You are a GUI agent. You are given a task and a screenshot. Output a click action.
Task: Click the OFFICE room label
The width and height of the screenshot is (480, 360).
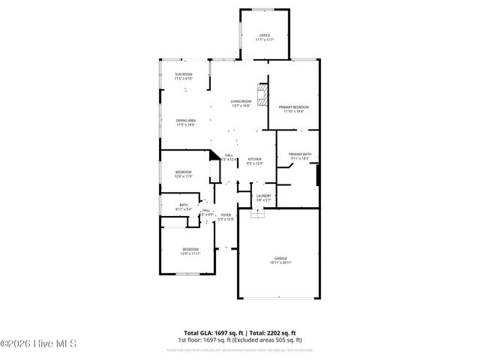[x=264, y=35]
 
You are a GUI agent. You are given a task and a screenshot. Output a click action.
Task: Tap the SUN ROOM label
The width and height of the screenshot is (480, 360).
[x=184, y=74]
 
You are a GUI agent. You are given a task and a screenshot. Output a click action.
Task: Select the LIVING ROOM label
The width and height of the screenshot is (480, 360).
[x=241, y=103]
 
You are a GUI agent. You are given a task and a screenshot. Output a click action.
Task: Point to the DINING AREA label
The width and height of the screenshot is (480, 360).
[x=186, y=121]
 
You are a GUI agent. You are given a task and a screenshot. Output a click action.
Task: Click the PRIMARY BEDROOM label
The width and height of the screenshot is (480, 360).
[x=294, y=107]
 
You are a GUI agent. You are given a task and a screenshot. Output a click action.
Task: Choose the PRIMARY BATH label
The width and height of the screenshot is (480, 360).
[x=300, y=154]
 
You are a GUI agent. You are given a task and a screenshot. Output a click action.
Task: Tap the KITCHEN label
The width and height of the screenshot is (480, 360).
[x=255, y=159]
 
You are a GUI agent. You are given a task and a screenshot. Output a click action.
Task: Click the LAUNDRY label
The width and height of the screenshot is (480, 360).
[x=263, y=196]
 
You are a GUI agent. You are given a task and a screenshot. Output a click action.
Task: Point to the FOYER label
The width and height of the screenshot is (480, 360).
[x=226, y=215]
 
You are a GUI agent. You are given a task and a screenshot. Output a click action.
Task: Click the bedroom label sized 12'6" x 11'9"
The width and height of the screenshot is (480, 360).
[x=184, y=172]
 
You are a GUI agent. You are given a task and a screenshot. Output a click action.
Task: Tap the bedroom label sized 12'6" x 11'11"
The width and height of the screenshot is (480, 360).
[x=190, y=249]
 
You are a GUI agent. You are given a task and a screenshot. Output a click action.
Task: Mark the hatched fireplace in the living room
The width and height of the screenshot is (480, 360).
[x=262, y=94]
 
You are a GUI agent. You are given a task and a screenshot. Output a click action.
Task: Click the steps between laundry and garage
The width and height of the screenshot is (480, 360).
[x=259, y=214]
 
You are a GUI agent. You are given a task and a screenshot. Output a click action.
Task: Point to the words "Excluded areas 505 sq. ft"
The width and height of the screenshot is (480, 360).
[x=270, y=340]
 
